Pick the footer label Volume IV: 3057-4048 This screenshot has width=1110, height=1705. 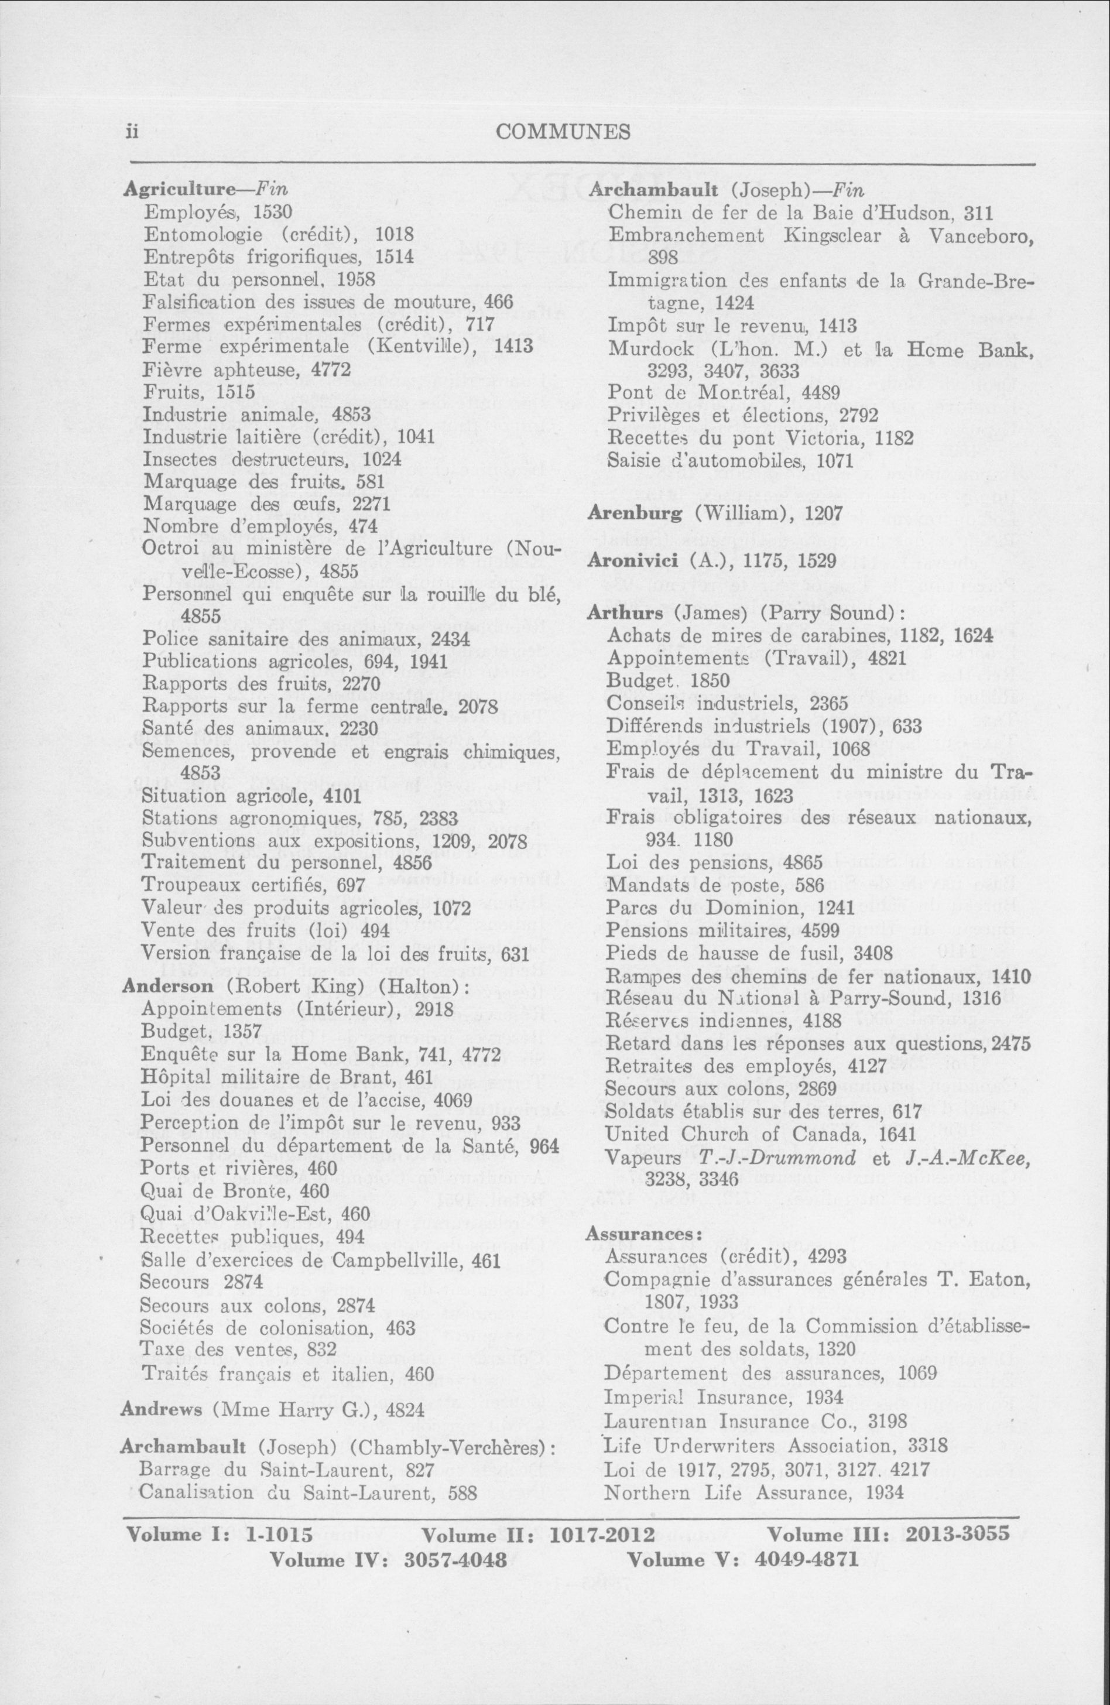(x=389, y=1560)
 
